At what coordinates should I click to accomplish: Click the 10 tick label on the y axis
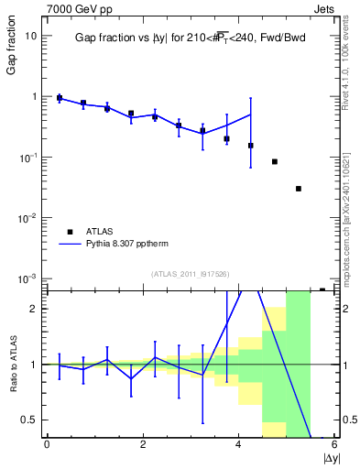(31, 36)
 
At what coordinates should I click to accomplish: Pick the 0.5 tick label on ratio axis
(30, 420)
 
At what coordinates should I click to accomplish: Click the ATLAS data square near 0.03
(299, 189)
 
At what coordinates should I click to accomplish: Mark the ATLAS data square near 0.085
(275, 161)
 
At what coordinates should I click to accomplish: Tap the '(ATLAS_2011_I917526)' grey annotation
(191, 274)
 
